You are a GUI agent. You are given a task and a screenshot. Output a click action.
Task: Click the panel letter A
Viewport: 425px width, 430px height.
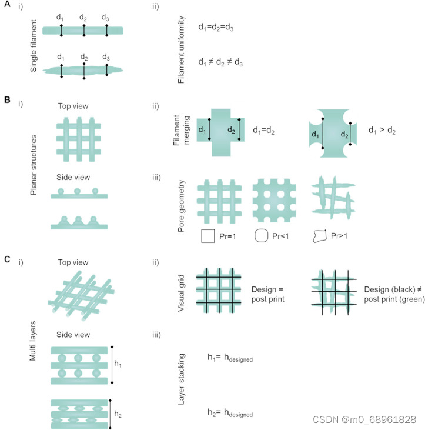click(x=6, y=8)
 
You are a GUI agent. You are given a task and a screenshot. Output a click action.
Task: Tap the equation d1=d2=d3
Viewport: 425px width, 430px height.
click(x=218, y=28)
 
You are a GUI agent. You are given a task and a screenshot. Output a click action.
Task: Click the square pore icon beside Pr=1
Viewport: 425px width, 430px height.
click(x=208, y=236)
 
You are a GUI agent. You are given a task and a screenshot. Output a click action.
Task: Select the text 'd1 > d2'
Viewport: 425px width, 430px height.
click(x=382, y=130)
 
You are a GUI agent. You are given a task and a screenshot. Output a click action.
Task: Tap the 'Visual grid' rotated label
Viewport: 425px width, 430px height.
click(x=183, y=287)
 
